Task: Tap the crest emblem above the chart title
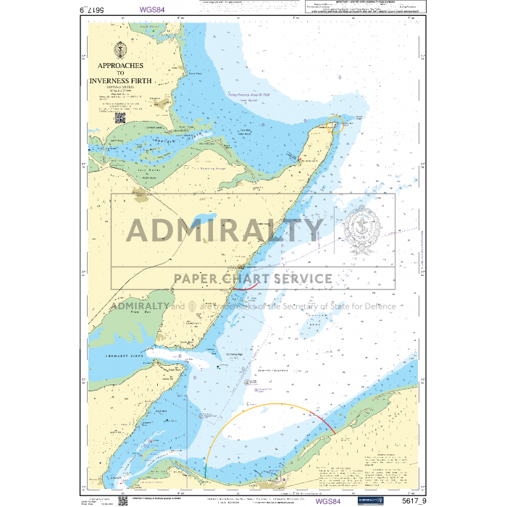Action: (119, 50)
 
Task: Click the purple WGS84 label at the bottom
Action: (328, 500)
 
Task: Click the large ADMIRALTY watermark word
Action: (225, 230)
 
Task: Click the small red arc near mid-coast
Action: (246, 288)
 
